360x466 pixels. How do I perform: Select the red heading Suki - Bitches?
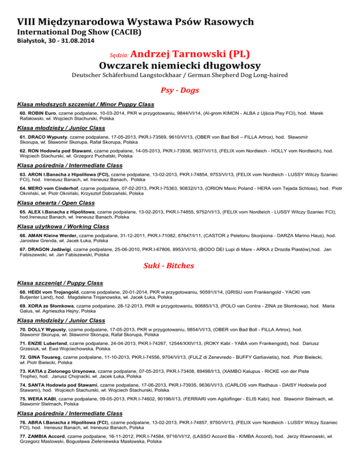180,265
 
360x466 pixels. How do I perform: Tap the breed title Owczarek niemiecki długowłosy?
180,65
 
